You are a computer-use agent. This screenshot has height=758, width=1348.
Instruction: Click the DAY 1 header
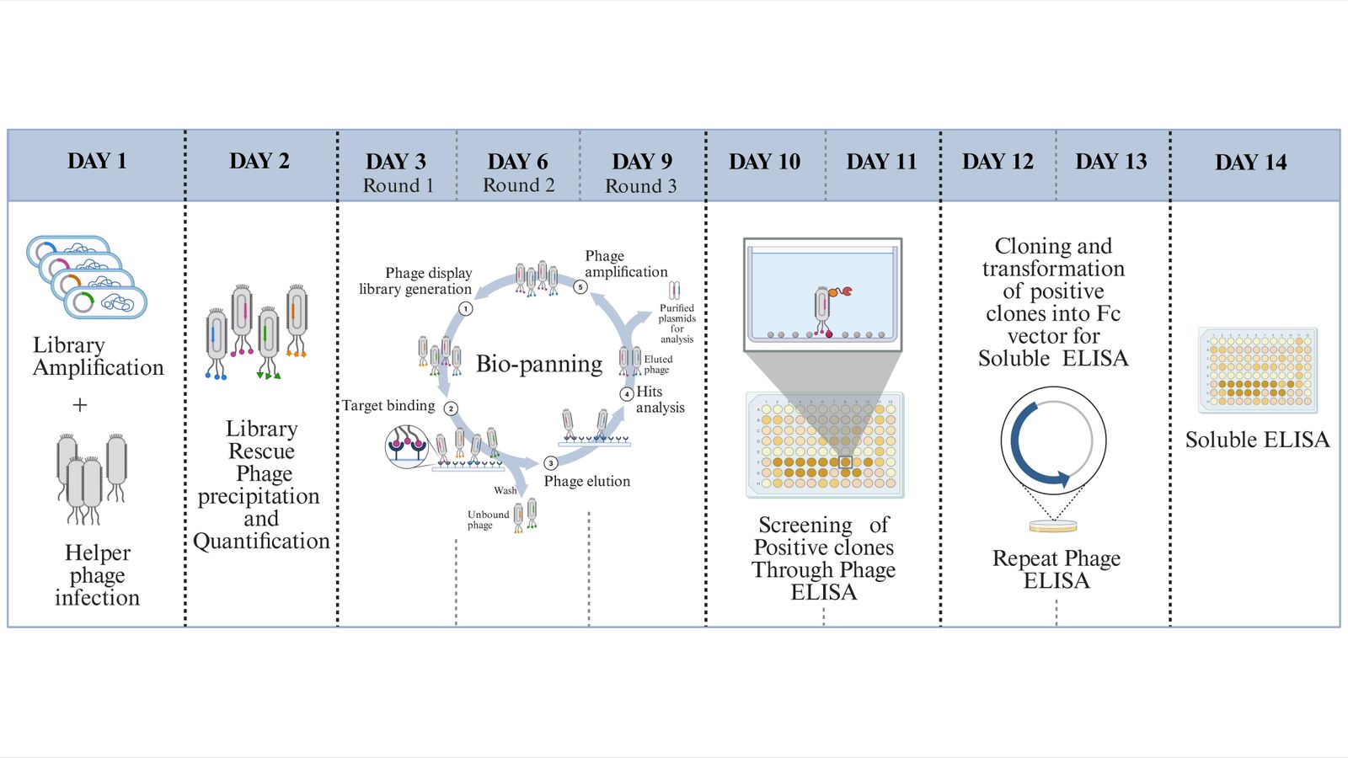[97, 161]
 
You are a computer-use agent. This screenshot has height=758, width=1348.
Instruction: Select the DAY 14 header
[1250, 162]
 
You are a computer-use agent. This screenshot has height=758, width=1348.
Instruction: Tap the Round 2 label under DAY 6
[518, 185]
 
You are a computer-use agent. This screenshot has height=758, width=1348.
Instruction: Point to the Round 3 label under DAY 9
[640, 186]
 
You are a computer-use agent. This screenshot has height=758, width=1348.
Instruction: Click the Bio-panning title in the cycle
[539, 364]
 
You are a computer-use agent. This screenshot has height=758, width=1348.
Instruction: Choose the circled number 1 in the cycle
[465, 308]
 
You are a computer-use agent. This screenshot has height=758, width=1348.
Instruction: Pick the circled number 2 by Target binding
[452, 408]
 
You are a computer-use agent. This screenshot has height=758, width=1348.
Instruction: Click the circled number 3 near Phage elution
[550, 463]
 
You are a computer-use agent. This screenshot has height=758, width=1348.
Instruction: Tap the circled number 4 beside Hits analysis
[627, 393]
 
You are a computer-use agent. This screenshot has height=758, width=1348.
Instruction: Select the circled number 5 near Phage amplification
[580, 287]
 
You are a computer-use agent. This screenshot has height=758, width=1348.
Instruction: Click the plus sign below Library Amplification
[80, 405]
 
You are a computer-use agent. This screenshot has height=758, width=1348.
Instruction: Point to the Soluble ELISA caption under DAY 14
[1257, 440]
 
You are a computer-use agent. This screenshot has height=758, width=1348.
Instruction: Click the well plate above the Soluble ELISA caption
[1258, 370]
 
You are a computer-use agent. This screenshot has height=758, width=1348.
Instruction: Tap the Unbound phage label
[488, 520]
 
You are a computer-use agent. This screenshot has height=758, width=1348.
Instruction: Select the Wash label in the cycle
[505, 490]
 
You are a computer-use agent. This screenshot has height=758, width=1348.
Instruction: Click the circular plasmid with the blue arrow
[1053, 440]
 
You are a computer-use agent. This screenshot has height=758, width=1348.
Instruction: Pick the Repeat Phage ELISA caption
[1056, 569]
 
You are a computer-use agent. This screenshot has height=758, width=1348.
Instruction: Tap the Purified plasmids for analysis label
[677, 323]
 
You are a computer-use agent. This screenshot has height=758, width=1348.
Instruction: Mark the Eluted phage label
[658, 364]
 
